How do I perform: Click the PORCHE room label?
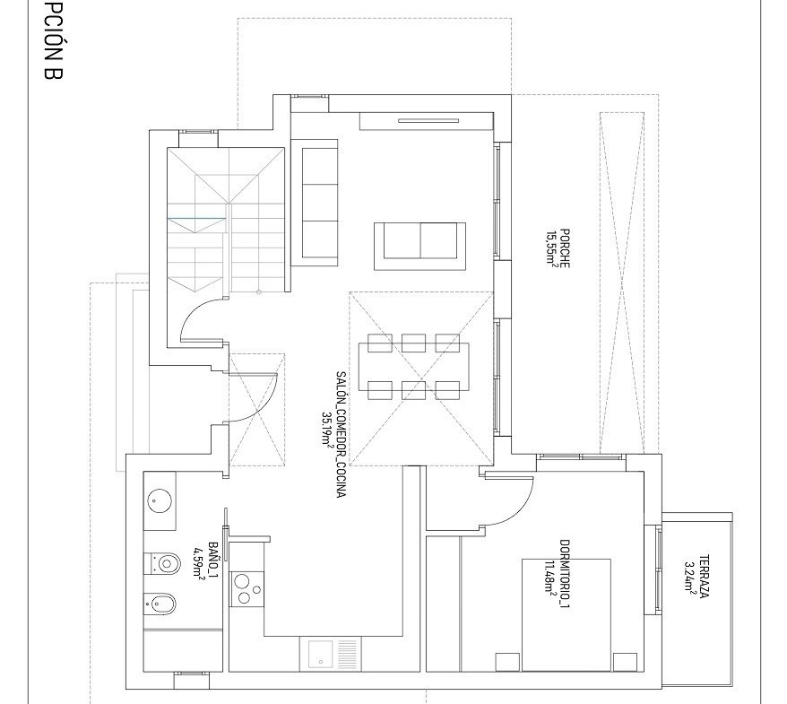point(565,248)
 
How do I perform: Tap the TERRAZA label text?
point(704,576)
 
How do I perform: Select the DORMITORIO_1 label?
point(565,573)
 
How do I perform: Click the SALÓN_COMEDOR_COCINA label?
point(341,434)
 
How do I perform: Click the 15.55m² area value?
point(552,248)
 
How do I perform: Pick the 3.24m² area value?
point(690,576)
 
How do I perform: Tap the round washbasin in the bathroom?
point(160,501)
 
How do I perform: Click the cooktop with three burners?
point(246,588)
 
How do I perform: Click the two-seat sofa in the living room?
point(420,247)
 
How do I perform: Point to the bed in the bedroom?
point(566,614)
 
